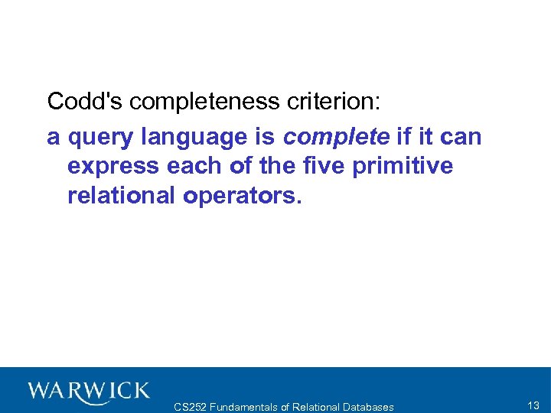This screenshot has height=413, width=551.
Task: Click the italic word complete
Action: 336,138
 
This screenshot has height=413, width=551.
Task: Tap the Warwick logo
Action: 88,392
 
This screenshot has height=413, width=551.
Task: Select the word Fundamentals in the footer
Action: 246,407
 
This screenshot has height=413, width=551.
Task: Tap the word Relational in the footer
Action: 315,407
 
